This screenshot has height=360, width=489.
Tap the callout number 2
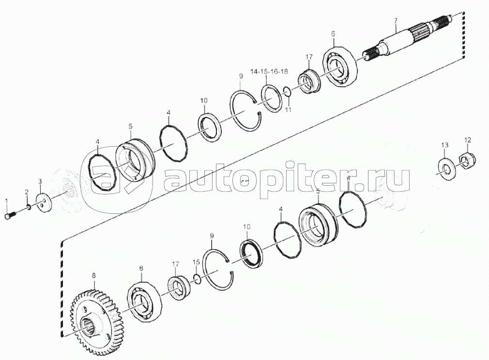click(27, 193)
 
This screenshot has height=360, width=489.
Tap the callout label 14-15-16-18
click(269, 72)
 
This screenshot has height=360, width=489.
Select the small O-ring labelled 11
click(286, 90)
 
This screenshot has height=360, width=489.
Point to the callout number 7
click(396, 20)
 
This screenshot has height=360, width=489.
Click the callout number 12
click(467, 140)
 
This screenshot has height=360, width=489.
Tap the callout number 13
click(444, 145)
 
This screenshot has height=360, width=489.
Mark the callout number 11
click(288, 110)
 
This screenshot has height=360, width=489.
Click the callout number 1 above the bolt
click(7, 200)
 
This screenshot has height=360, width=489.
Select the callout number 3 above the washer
click(40, 181)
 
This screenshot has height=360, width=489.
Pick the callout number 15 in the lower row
click(196, 262)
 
